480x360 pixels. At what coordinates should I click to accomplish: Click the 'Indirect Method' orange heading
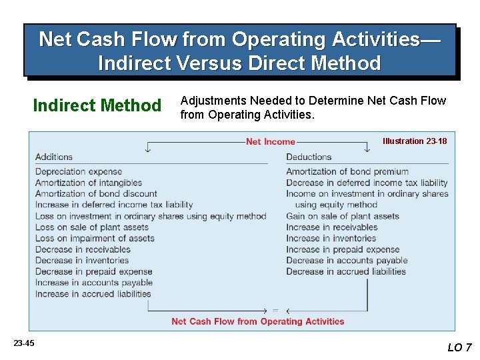coord(97,105)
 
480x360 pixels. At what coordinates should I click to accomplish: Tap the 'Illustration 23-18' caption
coord(414,141)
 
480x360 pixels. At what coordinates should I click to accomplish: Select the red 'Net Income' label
coord(270,141)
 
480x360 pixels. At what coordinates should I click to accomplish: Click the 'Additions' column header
coord(54,157)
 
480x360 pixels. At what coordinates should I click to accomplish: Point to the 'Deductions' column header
coord(309,157)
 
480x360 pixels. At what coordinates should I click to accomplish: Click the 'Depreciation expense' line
coord(79,171)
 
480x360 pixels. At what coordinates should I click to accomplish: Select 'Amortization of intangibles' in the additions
coord(89,183)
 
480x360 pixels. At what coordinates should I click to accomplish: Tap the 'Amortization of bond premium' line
coord(347,171)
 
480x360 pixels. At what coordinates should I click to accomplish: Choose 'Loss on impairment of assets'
coord(95,238)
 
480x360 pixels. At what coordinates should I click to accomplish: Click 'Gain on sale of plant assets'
coord(343,216)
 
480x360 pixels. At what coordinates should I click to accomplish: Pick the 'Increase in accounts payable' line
coord(94,283)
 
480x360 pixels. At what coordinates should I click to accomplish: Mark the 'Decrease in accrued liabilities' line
coord(346,271)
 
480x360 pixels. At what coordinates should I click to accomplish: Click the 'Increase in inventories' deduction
coord(331,238)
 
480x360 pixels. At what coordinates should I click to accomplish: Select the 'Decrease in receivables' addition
coord(83,249)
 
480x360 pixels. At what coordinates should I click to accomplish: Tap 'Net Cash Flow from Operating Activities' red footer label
coord(258,321)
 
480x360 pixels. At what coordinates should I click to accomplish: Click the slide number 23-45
coord(23,343)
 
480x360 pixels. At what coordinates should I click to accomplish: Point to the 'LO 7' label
coord(459,347)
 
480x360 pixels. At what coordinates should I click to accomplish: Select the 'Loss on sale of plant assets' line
coord(92,227)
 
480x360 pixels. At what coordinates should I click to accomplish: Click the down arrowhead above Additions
coord(147,150)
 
